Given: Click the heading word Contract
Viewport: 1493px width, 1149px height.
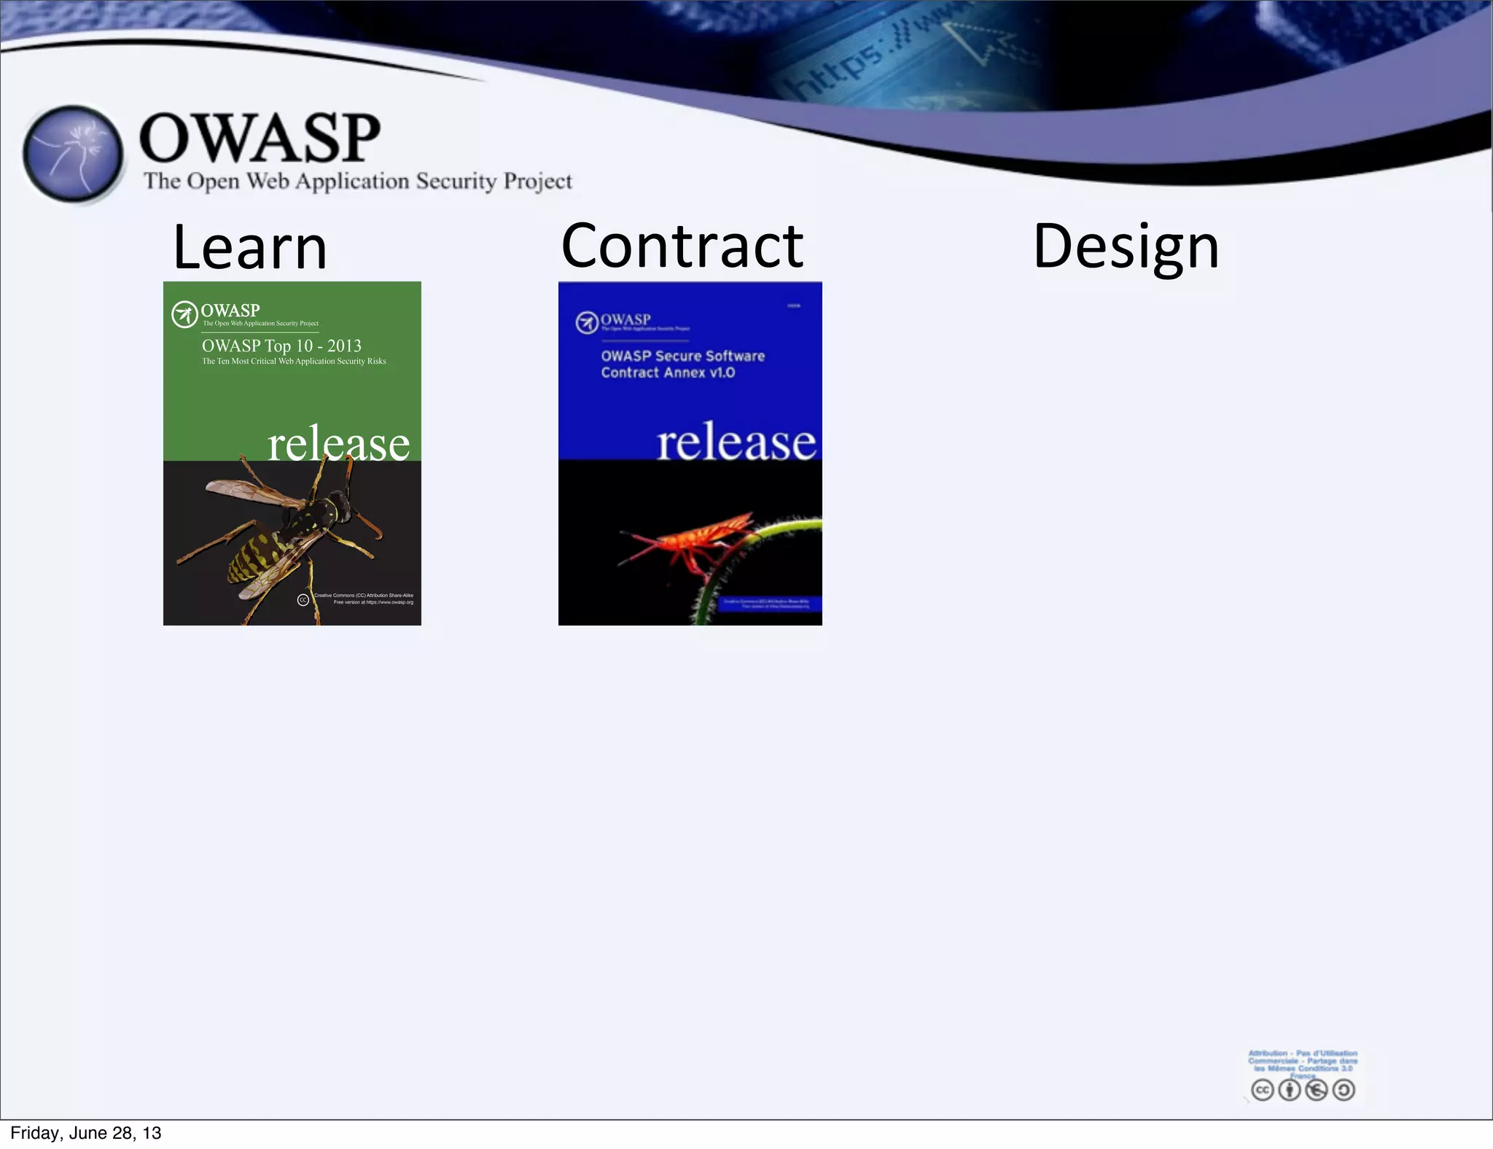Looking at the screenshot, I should (x=682, y=246).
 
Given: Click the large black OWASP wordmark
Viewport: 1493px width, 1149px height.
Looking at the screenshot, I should (x=260, y=138).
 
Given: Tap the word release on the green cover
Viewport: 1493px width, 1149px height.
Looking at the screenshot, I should (x=338, y=443).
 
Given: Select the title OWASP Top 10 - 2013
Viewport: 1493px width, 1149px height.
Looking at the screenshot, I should (x=281, y=346).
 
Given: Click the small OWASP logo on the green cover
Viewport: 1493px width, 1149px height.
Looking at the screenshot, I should (x=184, y=314).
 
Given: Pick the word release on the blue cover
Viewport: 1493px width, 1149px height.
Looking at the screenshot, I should (x=736, y=442).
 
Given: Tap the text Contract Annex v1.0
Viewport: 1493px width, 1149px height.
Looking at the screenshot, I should (x=668, y=373).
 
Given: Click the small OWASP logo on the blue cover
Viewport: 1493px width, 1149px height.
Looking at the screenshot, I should (x=586, y=322).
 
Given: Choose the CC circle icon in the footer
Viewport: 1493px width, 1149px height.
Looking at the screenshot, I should (x=1263, y=1090).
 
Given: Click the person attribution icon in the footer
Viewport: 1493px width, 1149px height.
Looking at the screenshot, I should (x=1290, y=1090).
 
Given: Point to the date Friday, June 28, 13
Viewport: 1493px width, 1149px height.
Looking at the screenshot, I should (x=86, y=1133).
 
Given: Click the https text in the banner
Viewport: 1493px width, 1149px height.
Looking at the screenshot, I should (x=842, y=73).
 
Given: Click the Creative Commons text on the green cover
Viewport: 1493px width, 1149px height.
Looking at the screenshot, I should (x=363, y=596).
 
